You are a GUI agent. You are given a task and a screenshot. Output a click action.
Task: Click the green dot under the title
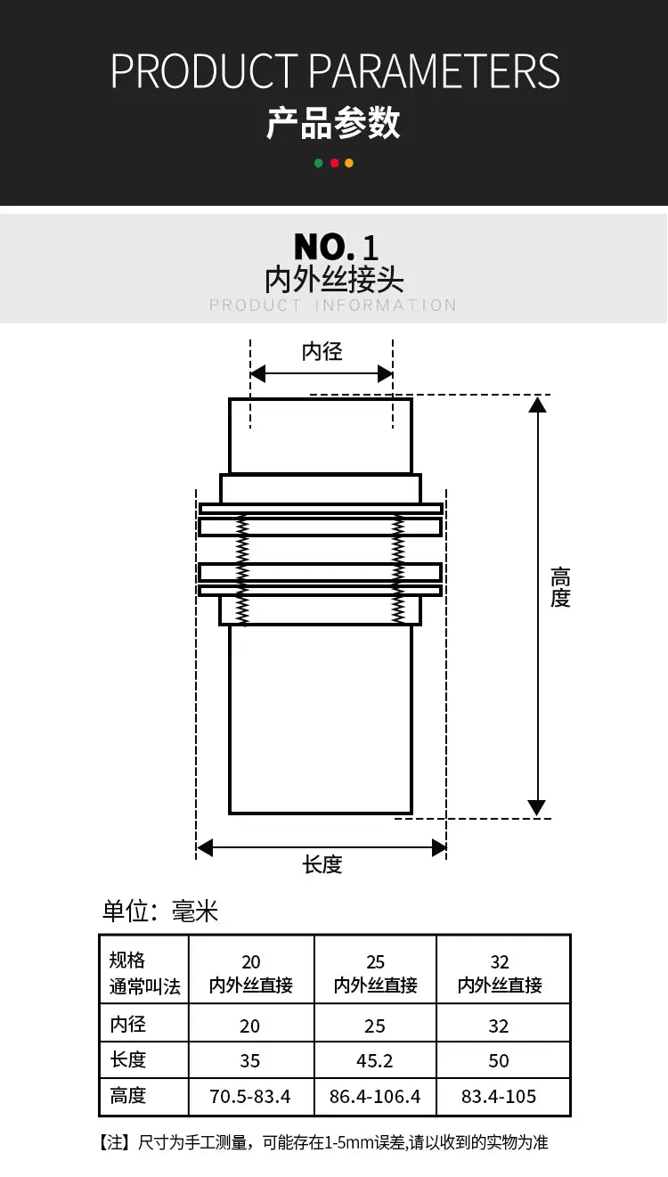318,163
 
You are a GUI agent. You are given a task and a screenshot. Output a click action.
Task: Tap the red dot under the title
334,163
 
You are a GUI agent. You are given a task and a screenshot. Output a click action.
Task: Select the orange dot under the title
349,163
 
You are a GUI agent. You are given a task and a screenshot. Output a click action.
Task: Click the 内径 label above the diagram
322,351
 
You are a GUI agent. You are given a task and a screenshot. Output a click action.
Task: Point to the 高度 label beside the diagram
560,587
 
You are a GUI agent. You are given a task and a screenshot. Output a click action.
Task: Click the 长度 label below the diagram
322,864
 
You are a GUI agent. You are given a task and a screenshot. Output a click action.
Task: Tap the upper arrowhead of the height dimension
537,405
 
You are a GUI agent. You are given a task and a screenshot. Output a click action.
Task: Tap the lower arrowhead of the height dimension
537,807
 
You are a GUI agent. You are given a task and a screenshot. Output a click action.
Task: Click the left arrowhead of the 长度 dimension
205,847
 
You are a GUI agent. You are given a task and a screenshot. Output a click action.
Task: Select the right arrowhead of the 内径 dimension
385,374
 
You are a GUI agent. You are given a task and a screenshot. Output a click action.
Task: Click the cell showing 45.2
375,1060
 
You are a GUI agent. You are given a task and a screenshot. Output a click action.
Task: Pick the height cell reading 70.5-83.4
250,1097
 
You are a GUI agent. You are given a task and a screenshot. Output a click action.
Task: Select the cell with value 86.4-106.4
375,1097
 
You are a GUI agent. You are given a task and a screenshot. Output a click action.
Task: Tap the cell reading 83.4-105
499,1097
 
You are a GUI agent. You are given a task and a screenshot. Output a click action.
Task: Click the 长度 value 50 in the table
499,1060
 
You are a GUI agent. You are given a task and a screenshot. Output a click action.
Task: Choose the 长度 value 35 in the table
250,1060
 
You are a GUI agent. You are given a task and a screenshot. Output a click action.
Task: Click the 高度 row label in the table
127,1096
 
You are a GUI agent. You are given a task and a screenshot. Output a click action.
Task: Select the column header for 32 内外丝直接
500,973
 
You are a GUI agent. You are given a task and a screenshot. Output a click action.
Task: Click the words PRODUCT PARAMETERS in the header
335,71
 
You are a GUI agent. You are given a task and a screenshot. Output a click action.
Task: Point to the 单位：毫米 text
160,911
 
